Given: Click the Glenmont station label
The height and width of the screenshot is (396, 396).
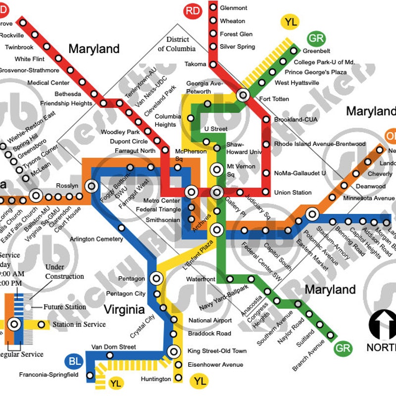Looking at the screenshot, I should tap(233, 8).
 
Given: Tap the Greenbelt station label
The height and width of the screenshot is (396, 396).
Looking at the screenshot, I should tap(316, 51).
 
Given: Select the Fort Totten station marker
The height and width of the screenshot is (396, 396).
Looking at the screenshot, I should tap(243, 95).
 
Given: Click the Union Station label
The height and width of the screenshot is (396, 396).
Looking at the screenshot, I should tap(293, 193).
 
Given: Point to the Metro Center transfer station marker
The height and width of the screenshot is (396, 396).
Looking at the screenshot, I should tap(192, 192).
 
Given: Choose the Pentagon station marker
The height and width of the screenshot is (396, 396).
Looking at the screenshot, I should tap(156, 279).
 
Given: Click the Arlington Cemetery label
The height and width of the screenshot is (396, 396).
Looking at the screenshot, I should tap(96, 240).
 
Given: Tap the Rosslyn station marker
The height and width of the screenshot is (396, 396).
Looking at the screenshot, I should tap(92, 186).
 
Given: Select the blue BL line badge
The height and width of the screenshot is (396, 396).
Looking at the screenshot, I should tap(75, 362).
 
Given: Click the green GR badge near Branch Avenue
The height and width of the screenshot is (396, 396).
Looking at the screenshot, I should tap(343, 348).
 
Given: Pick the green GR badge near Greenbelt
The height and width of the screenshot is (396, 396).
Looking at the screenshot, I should tap(316, 39).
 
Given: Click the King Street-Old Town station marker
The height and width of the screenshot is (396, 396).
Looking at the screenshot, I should tap(173, 351).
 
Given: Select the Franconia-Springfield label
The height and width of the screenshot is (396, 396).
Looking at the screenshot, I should tap(49, 375).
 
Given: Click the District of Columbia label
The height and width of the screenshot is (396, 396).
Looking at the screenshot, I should tap(177, 44).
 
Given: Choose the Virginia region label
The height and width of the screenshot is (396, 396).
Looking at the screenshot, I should tap(124, 310).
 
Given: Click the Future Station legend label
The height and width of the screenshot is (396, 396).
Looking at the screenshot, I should tap(65, 307).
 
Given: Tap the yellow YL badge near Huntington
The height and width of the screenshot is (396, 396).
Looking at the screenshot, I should tap(200, 381).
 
